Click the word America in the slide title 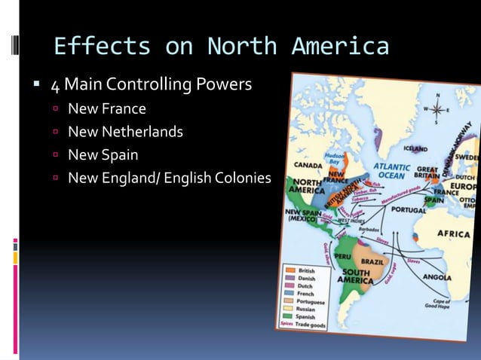(x=342, y=47)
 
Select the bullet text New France (x=106, y=109)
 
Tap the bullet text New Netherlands (x=125, y=132)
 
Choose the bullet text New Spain (x=103, y=155)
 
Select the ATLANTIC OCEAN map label (x=389, y=171)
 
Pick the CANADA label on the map (x=308, y=163)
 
